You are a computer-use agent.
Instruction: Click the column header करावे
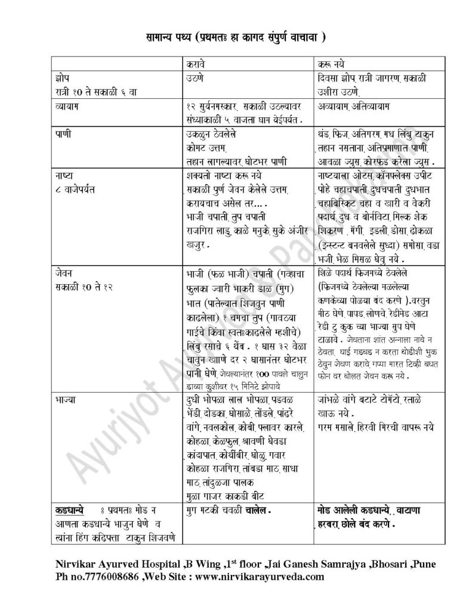(x=196, y=63)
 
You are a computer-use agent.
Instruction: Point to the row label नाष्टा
(x=60, y=176)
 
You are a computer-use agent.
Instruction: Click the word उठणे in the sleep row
(x=196, y=77)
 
